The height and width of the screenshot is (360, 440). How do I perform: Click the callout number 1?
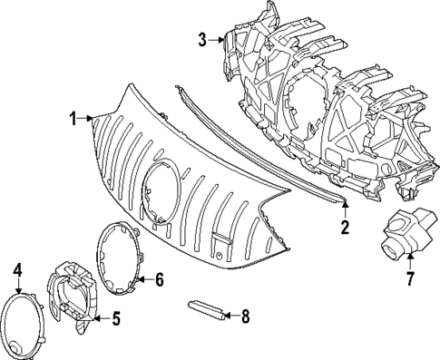click(x=73, y=118)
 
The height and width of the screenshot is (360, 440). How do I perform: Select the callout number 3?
click(x=201, y=39)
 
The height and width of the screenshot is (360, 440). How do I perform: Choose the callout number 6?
click(x=159, y=279)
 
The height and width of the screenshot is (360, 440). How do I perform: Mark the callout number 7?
click(x=409, y=277)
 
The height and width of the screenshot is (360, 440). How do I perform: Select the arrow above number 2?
click(x=345, y=212)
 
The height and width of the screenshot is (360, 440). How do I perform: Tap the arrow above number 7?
click(x=409, y=261)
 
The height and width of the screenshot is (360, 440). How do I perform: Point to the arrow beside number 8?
click(x=228, y=316)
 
